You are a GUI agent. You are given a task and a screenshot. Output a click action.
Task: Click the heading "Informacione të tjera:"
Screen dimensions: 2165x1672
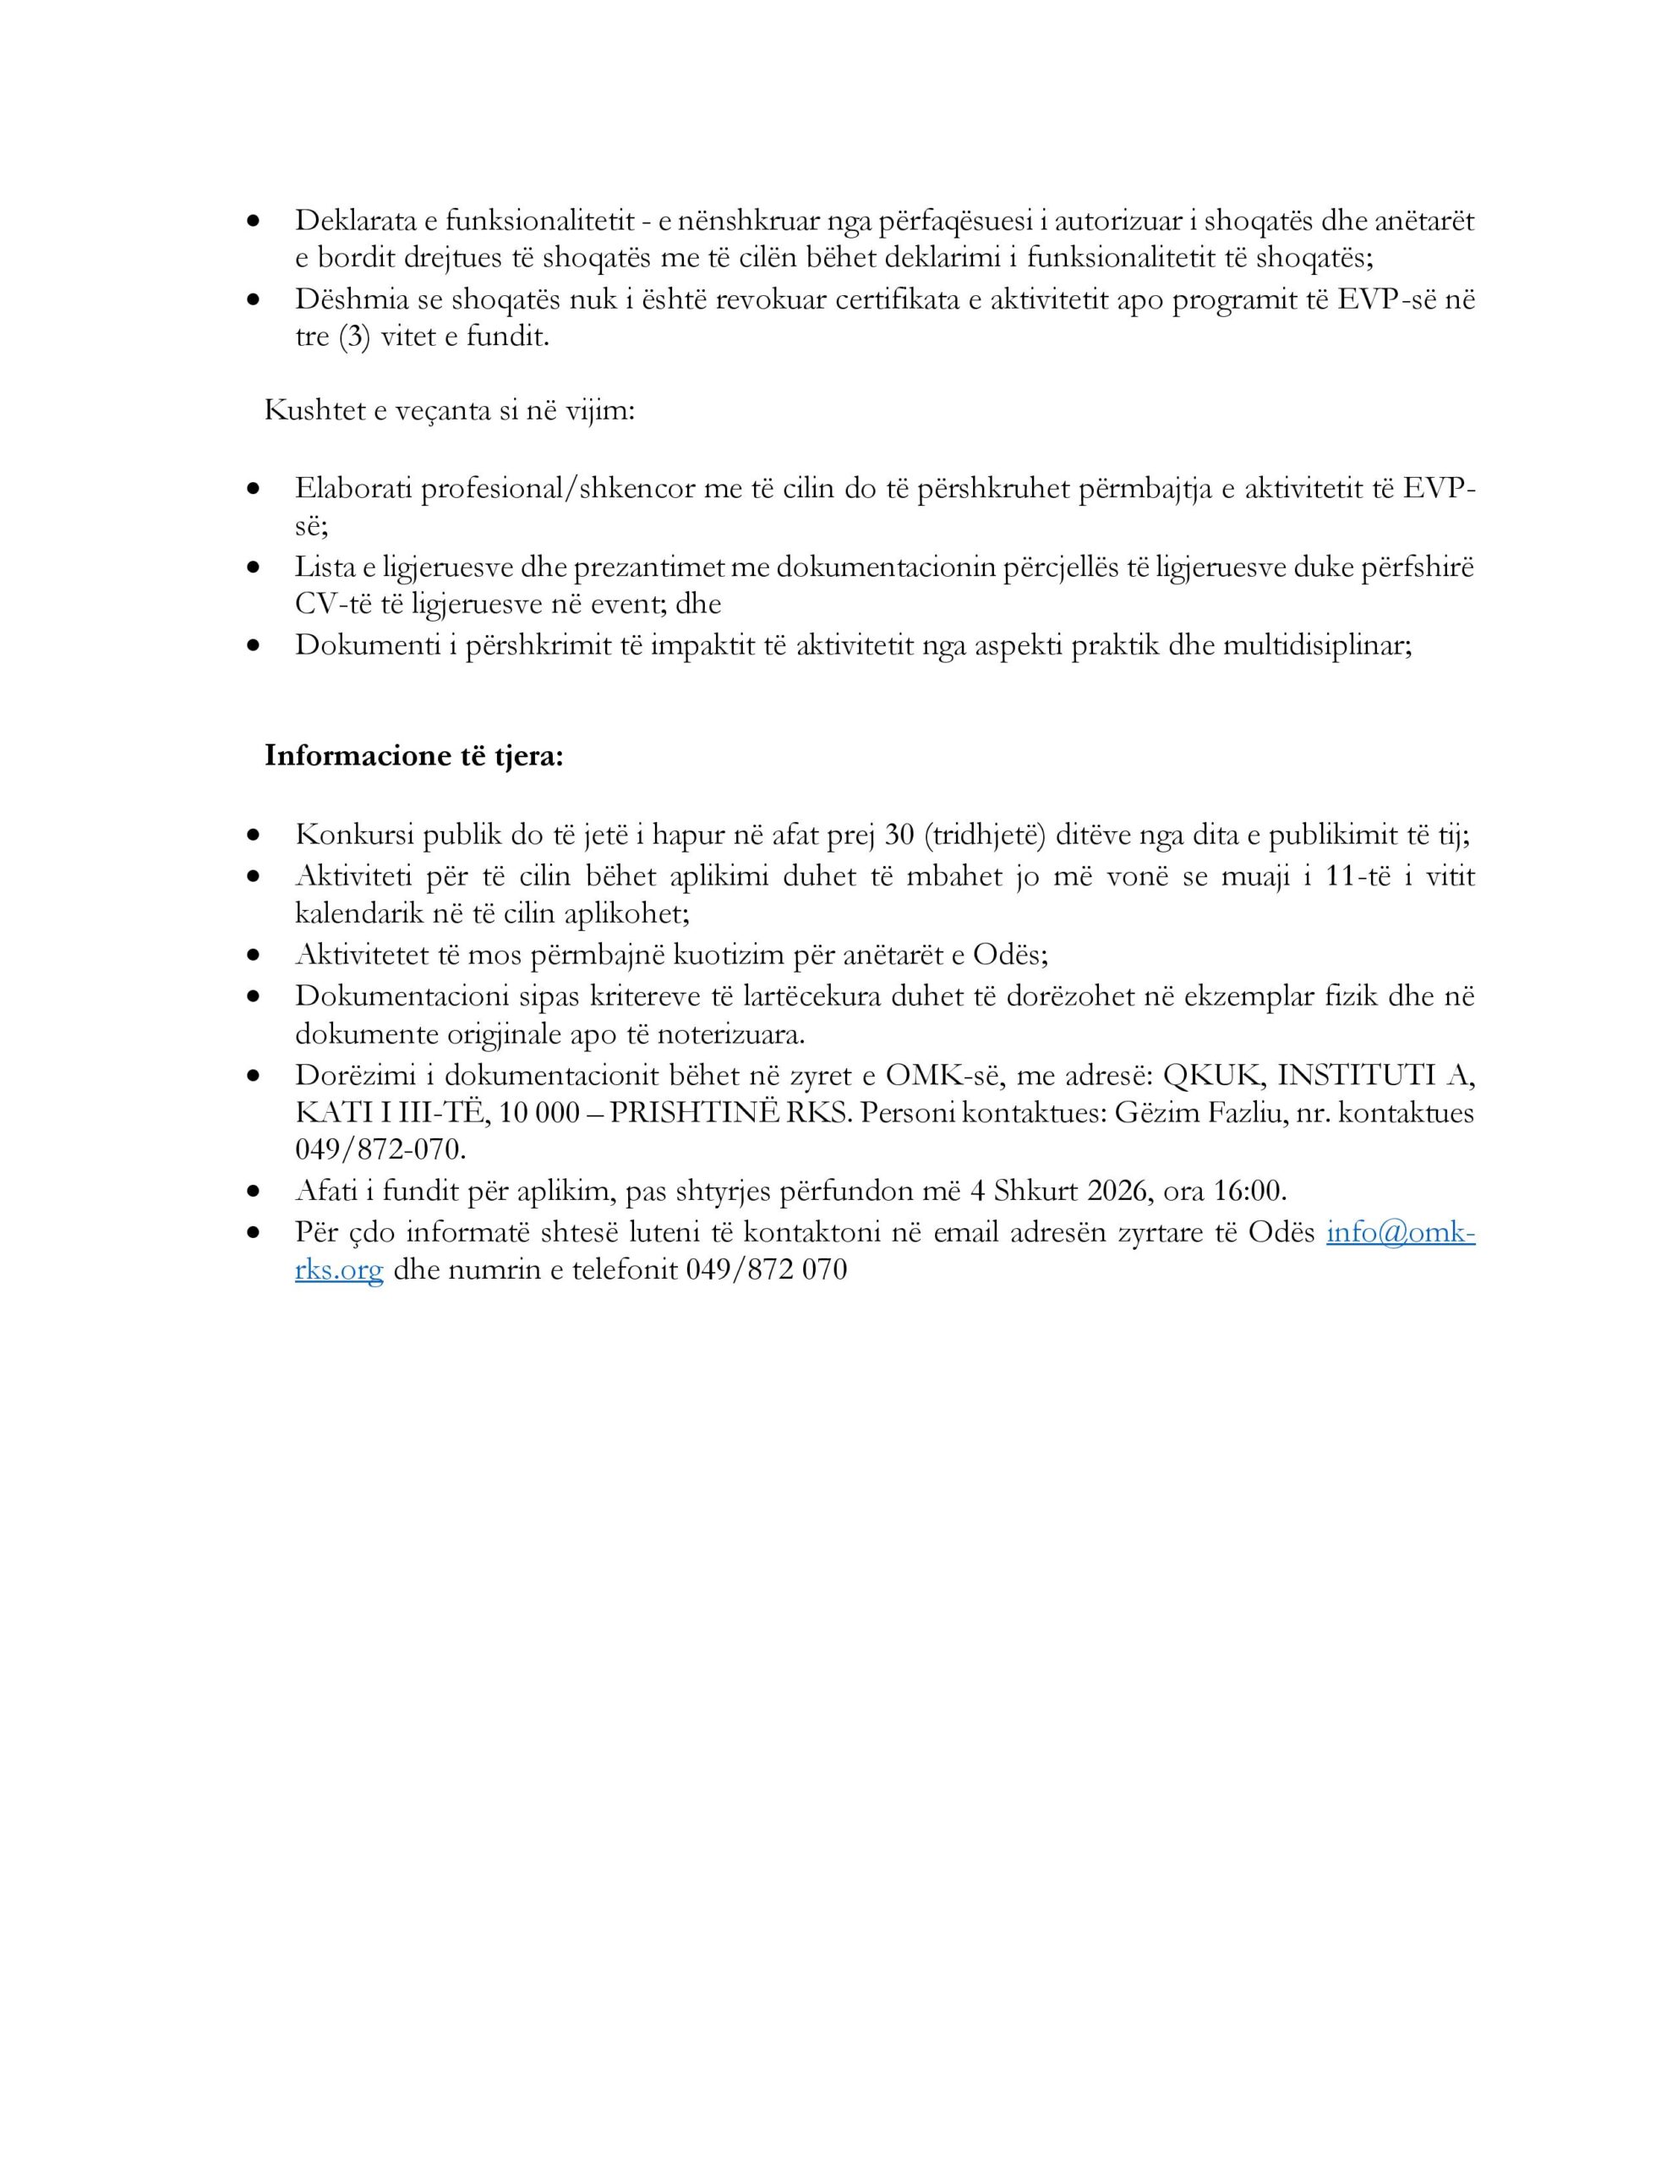point(413,756)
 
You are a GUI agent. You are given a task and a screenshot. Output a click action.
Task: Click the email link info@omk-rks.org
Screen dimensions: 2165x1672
point(1400,1232)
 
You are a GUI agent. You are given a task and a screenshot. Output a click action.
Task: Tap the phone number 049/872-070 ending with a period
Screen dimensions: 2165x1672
point(380,1150)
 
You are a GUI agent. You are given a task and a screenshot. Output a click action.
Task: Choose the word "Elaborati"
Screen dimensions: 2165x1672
point(352,489)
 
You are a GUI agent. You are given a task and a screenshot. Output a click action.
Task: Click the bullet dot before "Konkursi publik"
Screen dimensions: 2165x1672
point(256,836)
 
